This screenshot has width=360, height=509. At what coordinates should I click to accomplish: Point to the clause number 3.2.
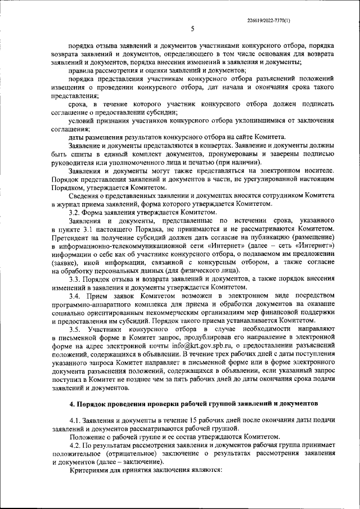coord(75,213)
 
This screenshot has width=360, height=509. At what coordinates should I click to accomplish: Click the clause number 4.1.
coord(75,421)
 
